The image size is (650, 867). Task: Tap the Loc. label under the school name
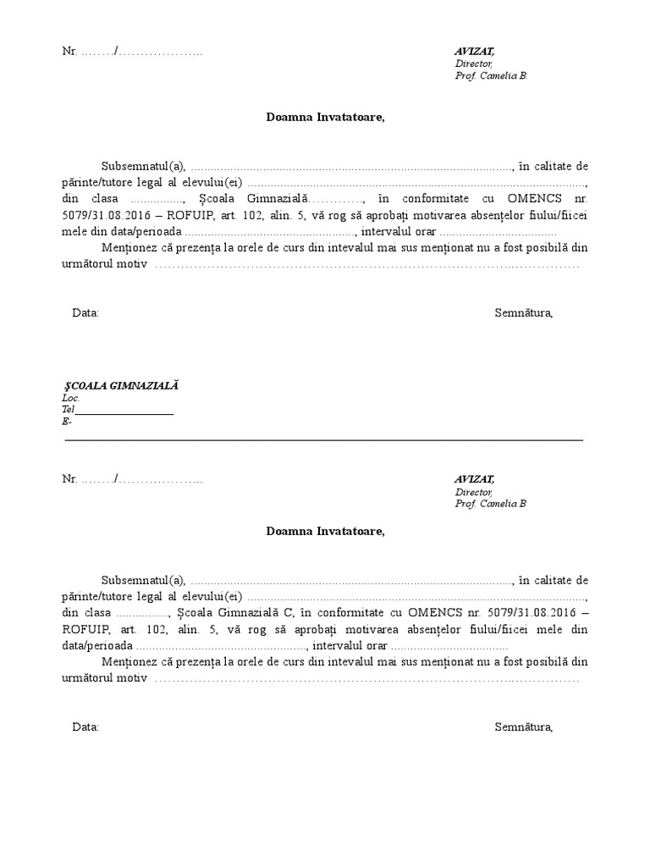[70, 398]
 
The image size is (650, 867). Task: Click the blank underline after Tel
[124, 410]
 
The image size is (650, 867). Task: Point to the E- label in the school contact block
[67, 422]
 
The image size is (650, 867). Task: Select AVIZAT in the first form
[474, 52]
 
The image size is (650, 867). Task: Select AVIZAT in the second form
[474, 479]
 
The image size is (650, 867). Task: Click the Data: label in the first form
[85, 312]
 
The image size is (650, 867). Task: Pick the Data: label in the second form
[85, 726]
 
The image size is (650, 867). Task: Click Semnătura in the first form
[523, 312]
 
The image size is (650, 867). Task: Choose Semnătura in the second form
[523, 726]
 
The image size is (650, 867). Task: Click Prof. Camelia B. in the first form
[491, 75]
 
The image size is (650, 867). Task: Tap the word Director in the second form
[473, 491]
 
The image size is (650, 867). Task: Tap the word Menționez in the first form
[132, 247]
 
